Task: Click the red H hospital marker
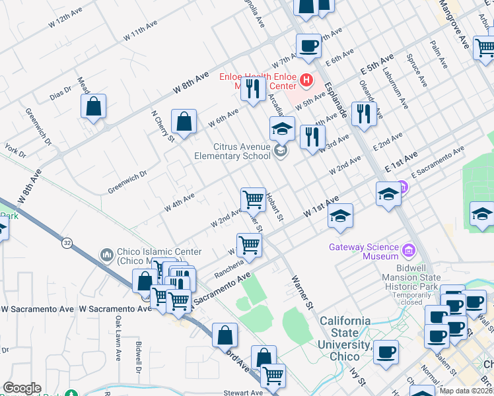306,81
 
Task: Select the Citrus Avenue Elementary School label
232,151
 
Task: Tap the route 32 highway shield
67,243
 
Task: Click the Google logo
22,388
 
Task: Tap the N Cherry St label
162,125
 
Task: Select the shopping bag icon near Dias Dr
94,106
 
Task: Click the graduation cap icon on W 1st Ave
340,216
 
